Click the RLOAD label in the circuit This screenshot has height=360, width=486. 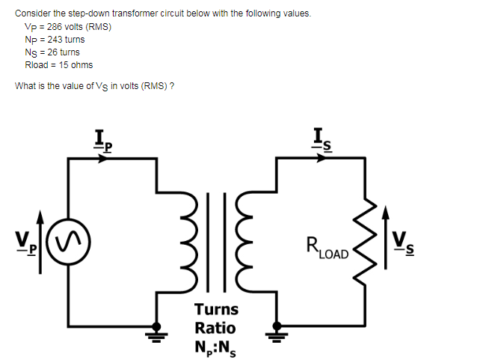pyautogui.click(x=327, y=247)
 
